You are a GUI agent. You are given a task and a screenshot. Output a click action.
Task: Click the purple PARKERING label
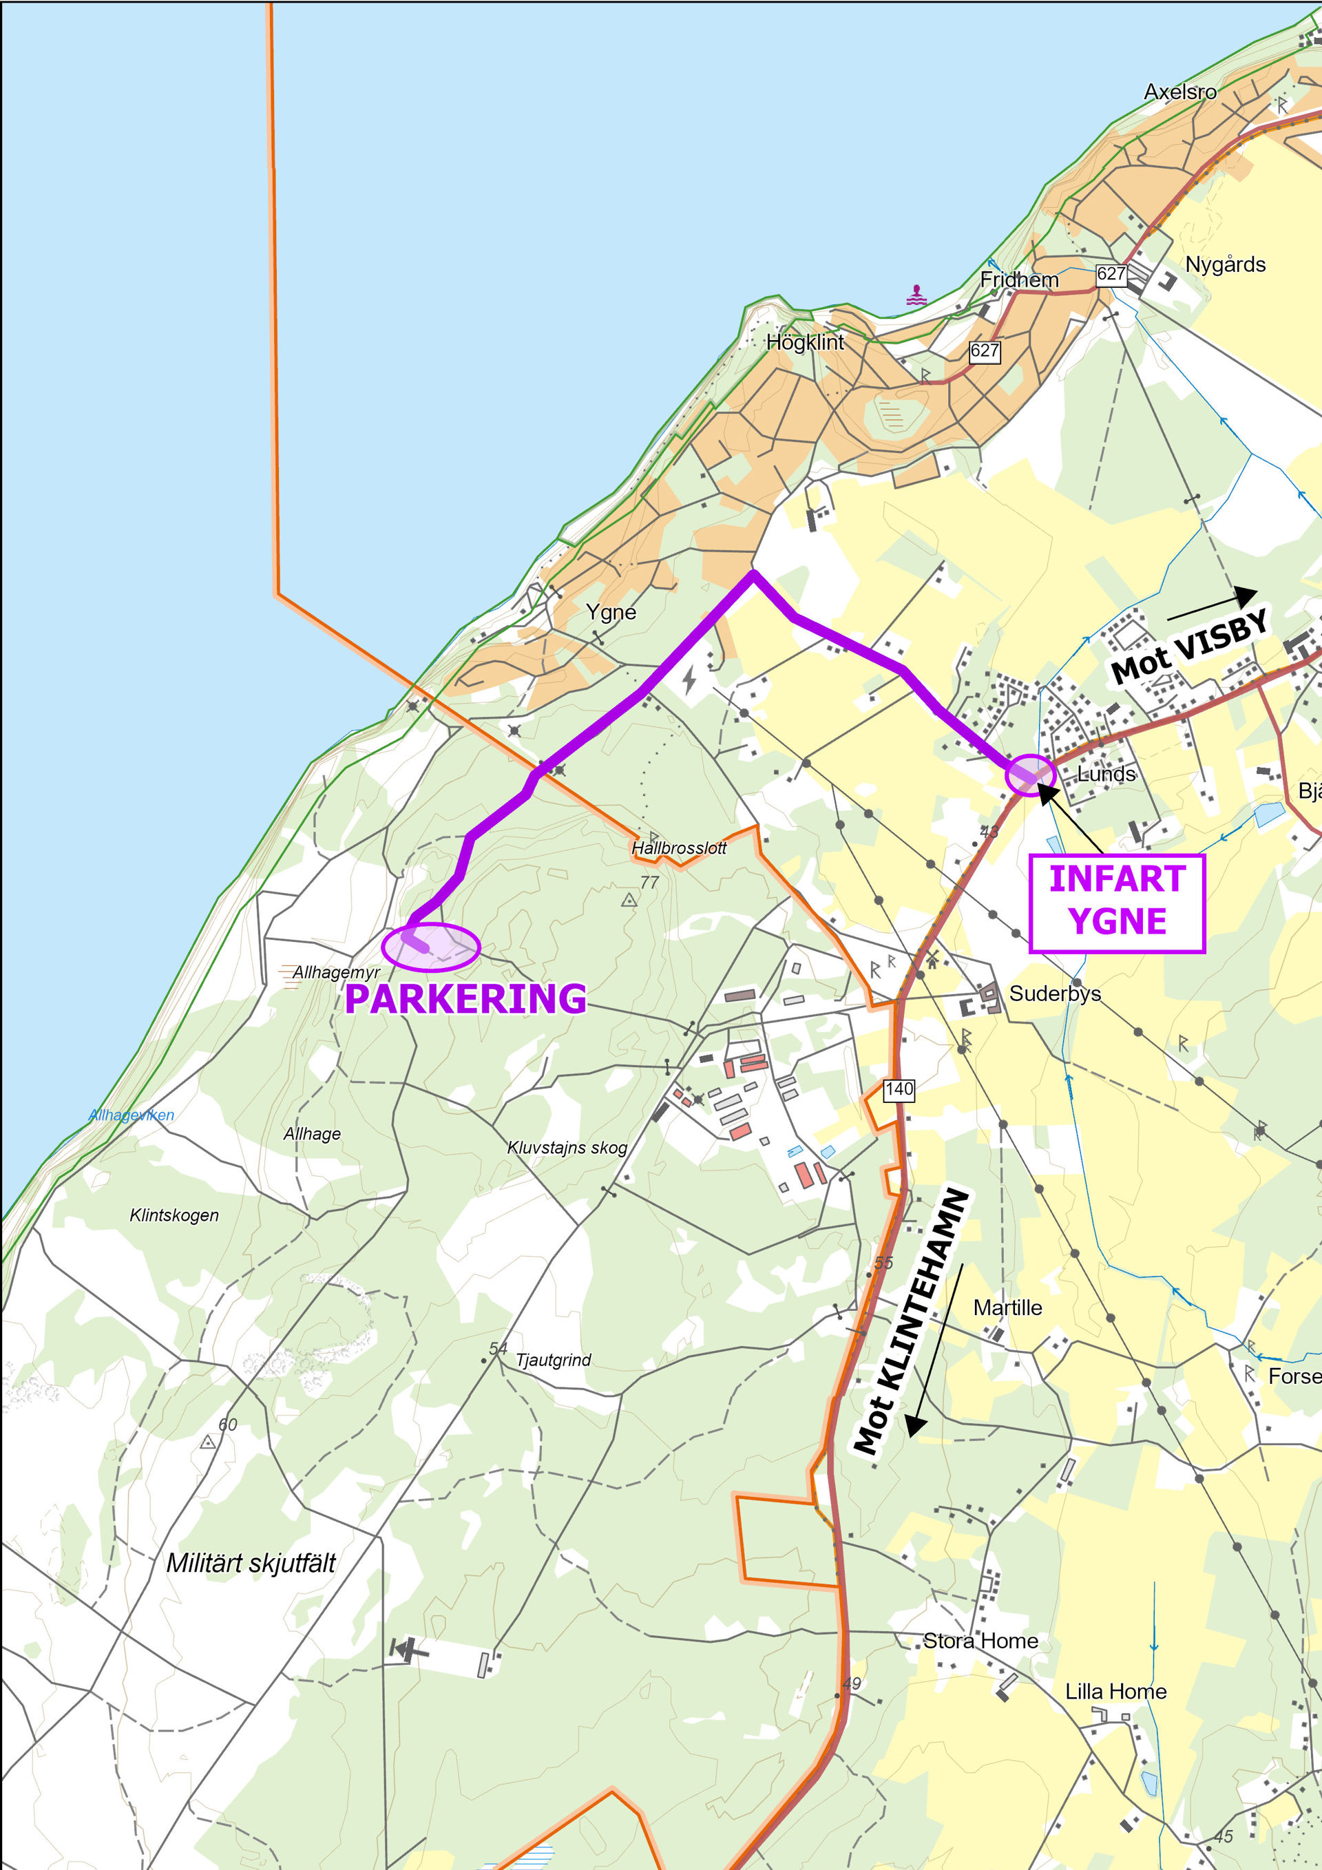point(465,998)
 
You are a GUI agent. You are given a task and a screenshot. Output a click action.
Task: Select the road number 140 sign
point(899,1090)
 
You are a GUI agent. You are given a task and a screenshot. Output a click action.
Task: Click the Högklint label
point(805,342)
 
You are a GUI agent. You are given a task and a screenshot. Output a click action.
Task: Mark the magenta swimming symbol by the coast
point(917,295)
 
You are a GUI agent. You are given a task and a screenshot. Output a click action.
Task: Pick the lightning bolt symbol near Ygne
point(689,678)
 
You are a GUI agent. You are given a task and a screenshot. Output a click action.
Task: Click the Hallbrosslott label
point(678,848)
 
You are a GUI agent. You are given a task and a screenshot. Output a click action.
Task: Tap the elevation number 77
point(649,882)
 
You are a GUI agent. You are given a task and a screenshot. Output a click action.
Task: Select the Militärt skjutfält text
point(251,1563)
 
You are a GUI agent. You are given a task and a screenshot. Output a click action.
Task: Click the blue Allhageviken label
point(131,1115)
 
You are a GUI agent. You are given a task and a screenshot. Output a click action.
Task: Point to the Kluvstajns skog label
point(567,1148)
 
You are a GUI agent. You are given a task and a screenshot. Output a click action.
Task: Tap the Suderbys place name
point(1055,994)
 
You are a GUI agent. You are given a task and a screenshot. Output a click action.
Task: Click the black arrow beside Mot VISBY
point(1213,604)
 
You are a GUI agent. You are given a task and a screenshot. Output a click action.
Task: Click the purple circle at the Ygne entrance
point(1030,775)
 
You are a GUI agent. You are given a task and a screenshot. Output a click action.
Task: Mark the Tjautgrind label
point(553,1359)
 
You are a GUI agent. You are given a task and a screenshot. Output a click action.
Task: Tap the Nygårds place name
point(1225,264)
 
